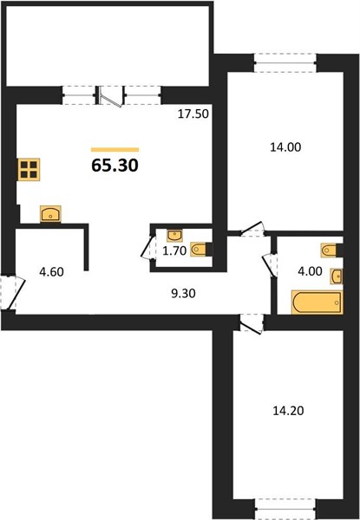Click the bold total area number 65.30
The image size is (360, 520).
coord(115,166)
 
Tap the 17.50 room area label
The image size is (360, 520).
coord(193,114)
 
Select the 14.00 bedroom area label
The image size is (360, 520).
coord(285,146)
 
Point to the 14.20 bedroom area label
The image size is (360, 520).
coord(288,411)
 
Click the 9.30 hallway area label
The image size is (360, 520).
coord(183,293)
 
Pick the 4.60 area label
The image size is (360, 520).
coord(51,272)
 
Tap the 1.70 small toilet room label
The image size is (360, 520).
coord(174,251)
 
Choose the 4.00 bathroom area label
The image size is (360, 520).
coord(310,271)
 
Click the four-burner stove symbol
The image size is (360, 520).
coord(29,170)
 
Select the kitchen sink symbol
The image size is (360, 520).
coord(50,213)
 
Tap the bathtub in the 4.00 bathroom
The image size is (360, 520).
coord(317,302)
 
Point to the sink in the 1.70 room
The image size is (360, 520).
coord(174,236)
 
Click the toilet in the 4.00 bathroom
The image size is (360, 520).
coord(331,250)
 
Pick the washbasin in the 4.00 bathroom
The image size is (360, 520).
coord(337,276)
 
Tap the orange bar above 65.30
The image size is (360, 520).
coord(115,150)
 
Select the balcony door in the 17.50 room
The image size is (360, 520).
coord(112,96)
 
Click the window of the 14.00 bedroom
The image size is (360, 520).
coord(285,62)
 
